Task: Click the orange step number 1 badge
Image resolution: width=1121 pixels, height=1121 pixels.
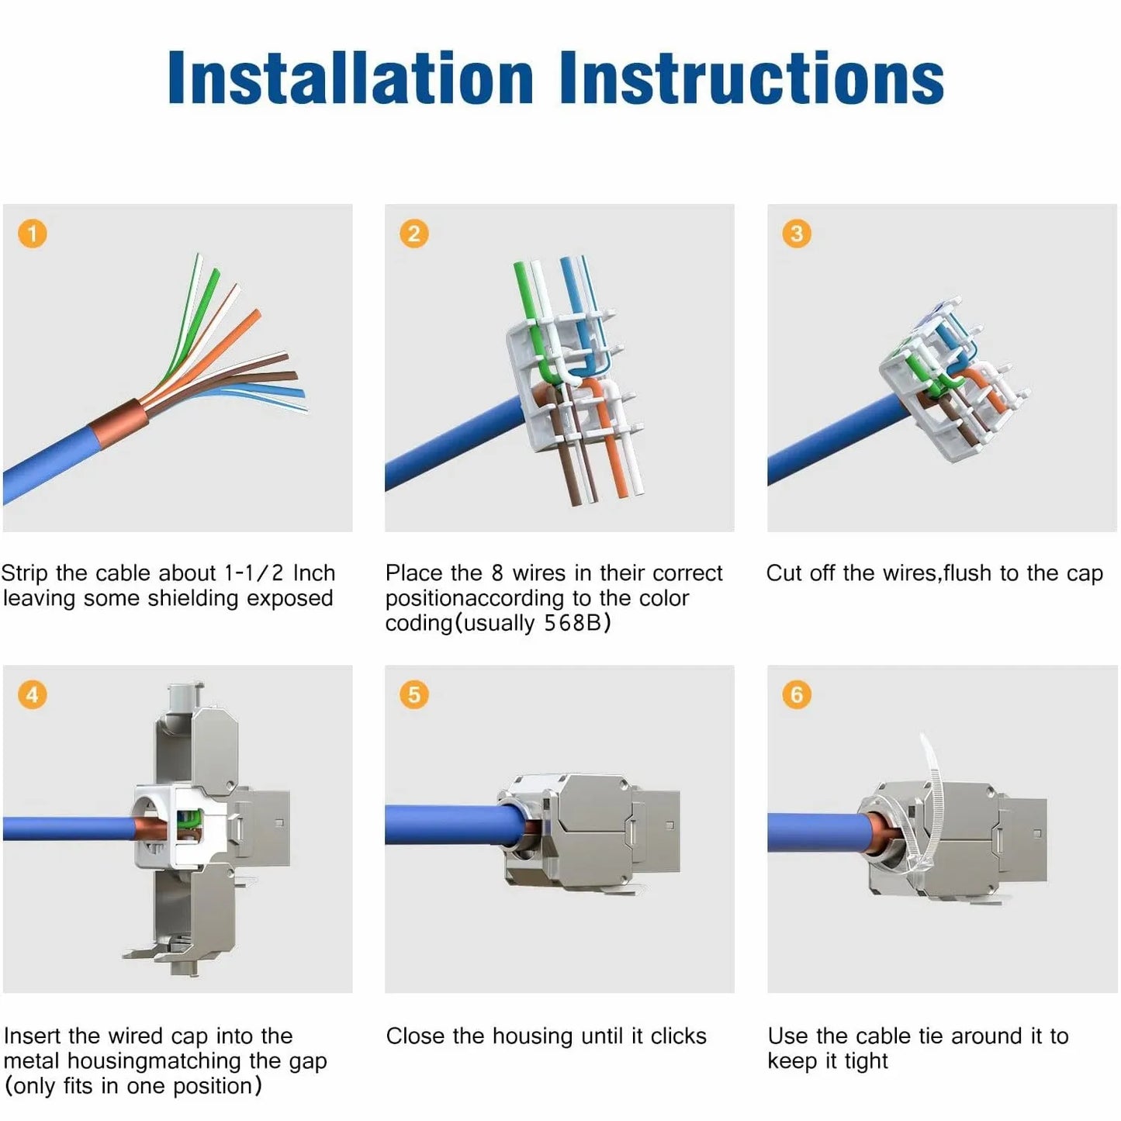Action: [33, 234]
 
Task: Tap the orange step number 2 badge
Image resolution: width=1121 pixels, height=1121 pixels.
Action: [414, 234]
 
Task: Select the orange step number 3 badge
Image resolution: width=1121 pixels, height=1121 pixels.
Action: [797, 234]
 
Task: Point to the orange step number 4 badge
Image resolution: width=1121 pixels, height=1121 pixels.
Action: [33, 694]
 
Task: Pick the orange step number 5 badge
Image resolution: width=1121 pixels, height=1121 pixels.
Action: [414, 694]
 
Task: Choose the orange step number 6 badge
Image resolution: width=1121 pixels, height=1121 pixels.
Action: [797, 694]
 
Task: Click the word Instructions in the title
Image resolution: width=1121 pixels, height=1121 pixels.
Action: [751, 78]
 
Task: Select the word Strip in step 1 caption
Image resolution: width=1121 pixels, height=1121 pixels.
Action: [24, 573]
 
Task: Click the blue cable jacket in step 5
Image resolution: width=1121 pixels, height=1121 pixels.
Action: [442, 824]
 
